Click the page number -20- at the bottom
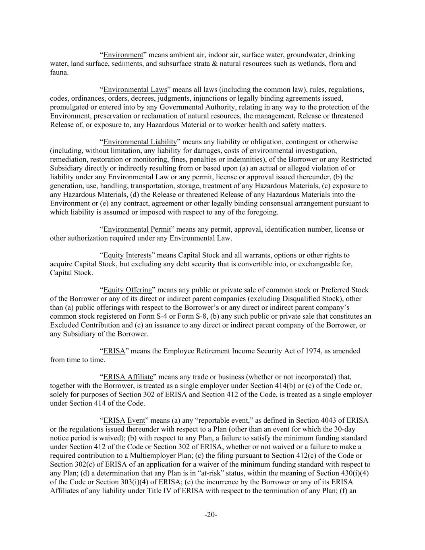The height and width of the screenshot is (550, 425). [x=211, y=515]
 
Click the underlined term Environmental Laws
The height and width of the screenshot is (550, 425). [x=135, y=89]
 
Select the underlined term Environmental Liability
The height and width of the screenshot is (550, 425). [x=140, y=142]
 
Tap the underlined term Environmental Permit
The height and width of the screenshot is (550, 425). [x=137, y=229]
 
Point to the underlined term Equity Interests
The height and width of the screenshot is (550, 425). [x=127, y=255]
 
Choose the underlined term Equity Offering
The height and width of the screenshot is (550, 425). [x=128, y=290]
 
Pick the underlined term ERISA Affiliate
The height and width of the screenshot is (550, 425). [x=128, y=377]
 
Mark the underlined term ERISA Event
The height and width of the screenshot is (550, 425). [x=124, y=421]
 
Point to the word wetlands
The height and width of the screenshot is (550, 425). [x=312, y=64]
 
